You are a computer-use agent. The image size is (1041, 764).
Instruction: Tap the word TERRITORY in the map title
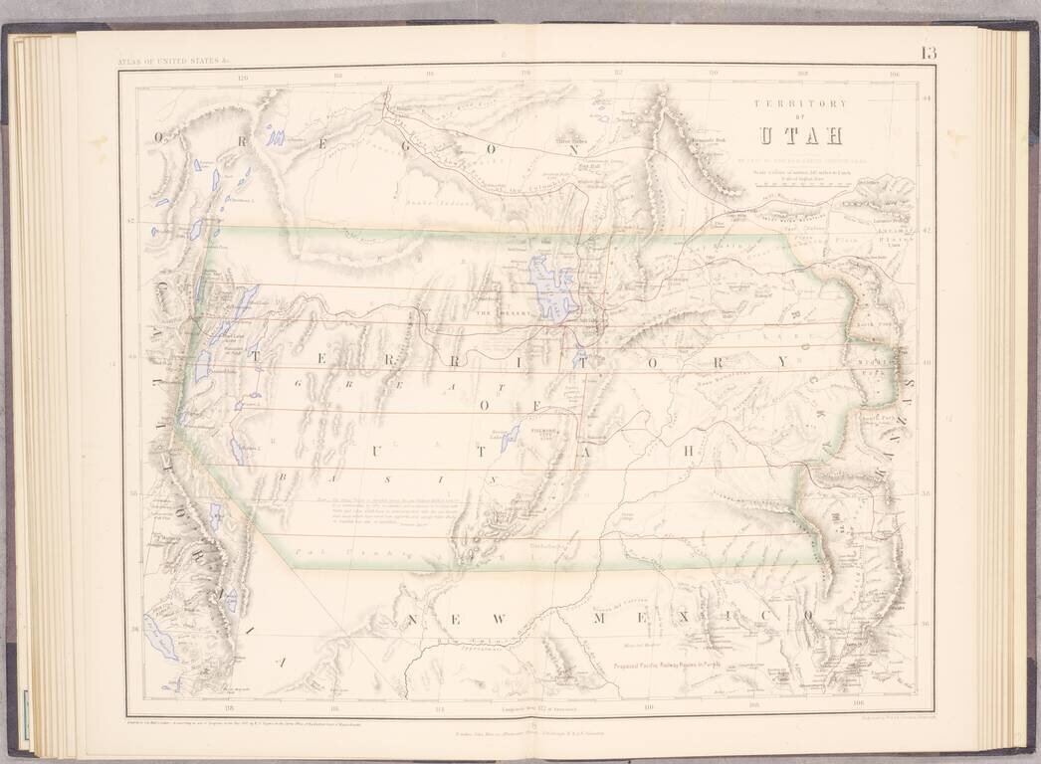coord(800,102)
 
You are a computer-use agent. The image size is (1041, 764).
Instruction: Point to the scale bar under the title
coord(802,185)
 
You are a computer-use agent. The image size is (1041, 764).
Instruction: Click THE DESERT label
coord(498,314)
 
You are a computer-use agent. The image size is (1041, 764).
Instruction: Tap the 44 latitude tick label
coord(926,96)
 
